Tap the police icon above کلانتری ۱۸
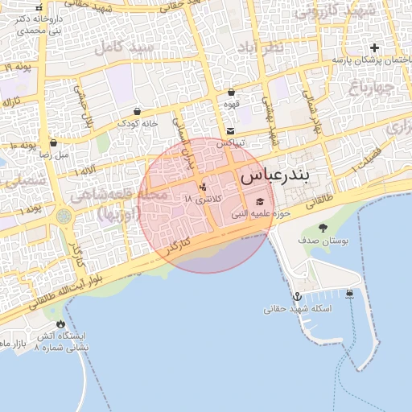click(x=202, y=187)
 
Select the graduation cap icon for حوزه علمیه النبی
click(x=260, y=201)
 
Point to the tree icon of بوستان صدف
click(x=323, y=228)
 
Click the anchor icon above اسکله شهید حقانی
click(x=296, y=296)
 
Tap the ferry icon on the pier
click(x=349, y=293)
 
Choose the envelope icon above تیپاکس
click(x=231, y=130)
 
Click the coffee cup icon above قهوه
click(x=231, y=93)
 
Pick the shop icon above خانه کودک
click(x=136, y=112)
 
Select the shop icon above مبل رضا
click(x=52, y=142)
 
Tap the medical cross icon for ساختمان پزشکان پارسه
click(x=373, y=47)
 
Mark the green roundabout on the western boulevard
click(x=64, y=217)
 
